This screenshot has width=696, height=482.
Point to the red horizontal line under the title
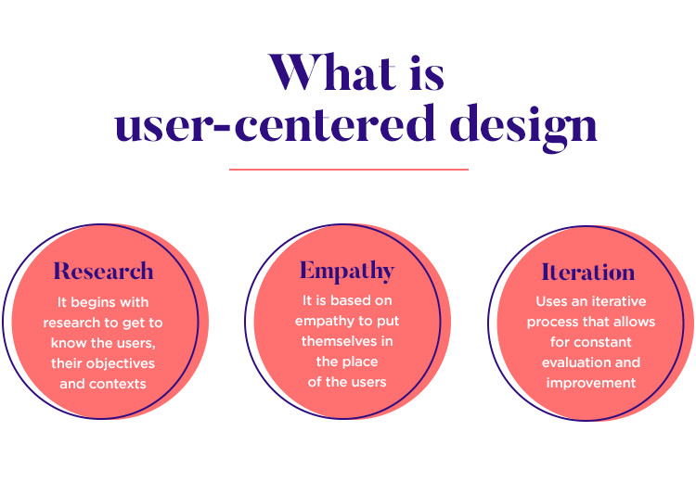click(348, 170)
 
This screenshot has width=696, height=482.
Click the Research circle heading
click(103, 272)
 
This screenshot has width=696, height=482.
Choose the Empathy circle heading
click(346, 271)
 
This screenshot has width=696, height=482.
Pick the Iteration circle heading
click(588, 273)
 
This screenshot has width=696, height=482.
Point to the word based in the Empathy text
click(353, 300)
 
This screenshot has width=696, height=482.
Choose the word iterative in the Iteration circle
click(616, 301)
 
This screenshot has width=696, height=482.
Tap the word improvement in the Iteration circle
click(590, 383)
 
